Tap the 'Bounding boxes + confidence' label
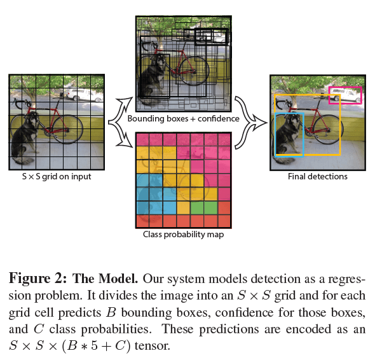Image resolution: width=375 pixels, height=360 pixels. click(x=183, y=119)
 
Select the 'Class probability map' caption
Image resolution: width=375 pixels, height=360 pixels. click(x=183, y=234)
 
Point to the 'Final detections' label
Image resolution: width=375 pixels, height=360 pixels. click(x=317, y=176)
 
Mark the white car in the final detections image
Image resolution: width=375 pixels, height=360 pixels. click(x=344, y=95)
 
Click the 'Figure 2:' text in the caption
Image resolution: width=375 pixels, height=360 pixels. click(x=37, y=279)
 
